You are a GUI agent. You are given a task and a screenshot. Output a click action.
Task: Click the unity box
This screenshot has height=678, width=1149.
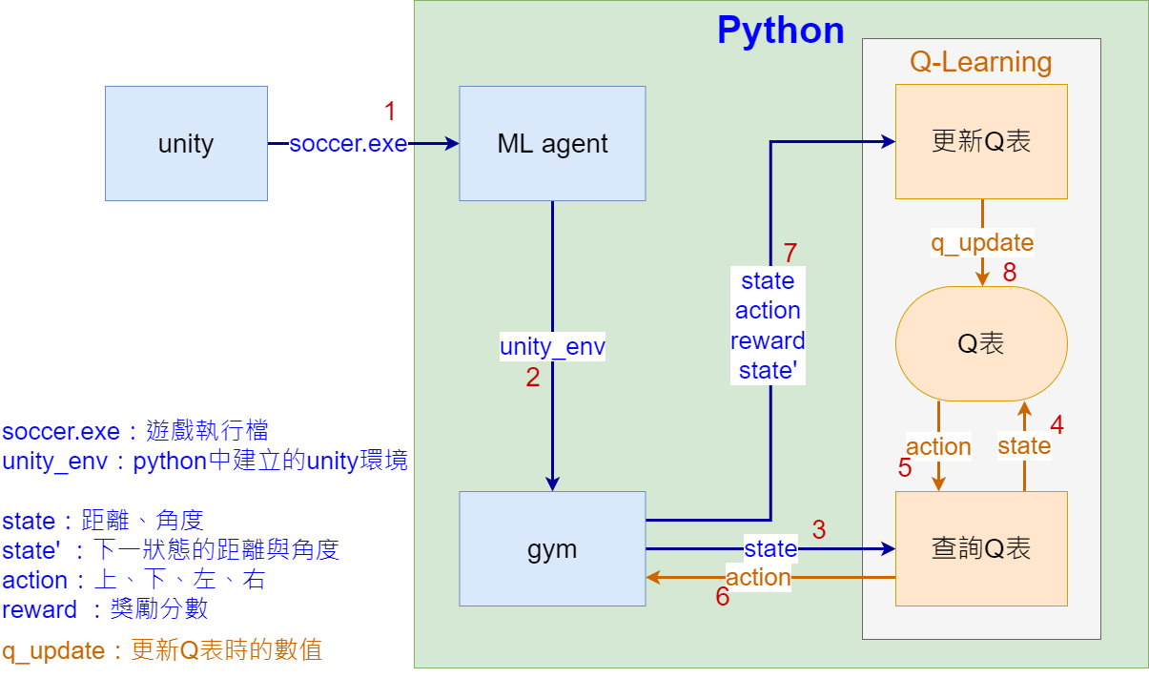pos(186,144)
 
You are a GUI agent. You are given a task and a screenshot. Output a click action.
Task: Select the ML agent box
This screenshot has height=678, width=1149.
pos(552,144)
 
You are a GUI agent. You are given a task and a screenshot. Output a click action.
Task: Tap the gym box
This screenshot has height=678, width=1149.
pos(552,548)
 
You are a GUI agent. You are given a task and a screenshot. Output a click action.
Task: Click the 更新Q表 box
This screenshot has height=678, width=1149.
pos(981,141)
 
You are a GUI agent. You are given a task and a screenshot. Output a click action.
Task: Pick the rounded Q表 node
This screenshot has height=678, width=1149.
pos(981,343)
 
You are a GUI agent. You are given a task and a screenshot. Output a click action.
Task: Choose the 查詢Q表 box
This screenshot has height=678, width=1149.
pos(981,548)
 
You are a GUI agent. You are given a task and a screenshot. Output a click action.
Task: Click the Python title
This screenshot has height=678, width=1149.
pos(780,31)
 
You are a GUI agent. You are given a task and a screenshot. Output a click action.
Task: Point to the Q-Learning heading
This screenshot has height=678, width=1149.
pos(980,63)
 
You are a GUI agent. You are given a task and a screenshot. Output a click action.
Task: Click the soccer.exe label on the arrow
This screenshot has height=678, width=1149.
pos(348,144)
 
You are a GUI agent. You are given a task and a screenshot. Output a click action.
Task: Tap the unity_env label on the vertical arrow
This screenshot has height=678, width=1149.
pos(552,347)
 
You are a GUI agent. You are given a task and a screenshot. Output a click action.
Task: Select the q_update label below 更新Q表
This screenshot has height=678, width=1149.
pos(982,243)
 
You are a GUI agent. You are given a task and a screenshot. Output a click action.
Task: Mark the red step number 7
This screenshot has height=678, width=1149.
pos(790,254)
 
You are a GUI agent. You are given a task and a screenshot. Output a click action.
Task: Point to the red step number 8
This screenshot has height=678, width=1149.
pos(1010,273)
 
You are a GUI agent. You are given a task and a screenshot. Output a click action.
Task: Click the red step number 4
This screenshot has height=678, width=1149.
pos(1057,424)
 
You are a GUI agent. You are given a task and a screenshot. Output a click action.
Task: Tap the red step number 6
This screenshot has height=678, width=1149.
pos(723,597)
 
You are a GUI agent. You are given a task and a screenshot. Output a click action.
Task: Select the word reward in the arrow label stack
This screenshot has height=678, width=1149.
pos(768,340)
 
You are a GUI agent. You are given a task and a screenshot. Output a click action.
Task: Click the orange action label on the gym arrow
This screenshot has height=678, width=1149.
pos(758,578)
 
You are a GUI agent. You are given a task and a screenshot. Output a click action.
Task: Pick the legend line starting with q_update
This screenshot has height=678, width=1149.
pos(162,651)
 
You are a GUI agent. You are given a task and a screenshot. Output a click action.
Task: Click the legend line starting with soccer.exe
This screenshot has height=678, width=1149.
pos(141,432)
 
